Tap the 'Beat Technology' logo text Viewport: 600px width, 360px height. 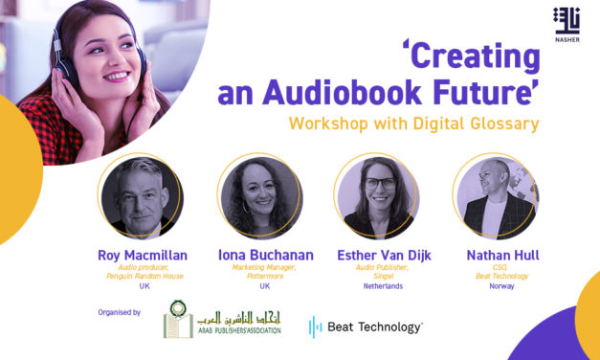(374, 327)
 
